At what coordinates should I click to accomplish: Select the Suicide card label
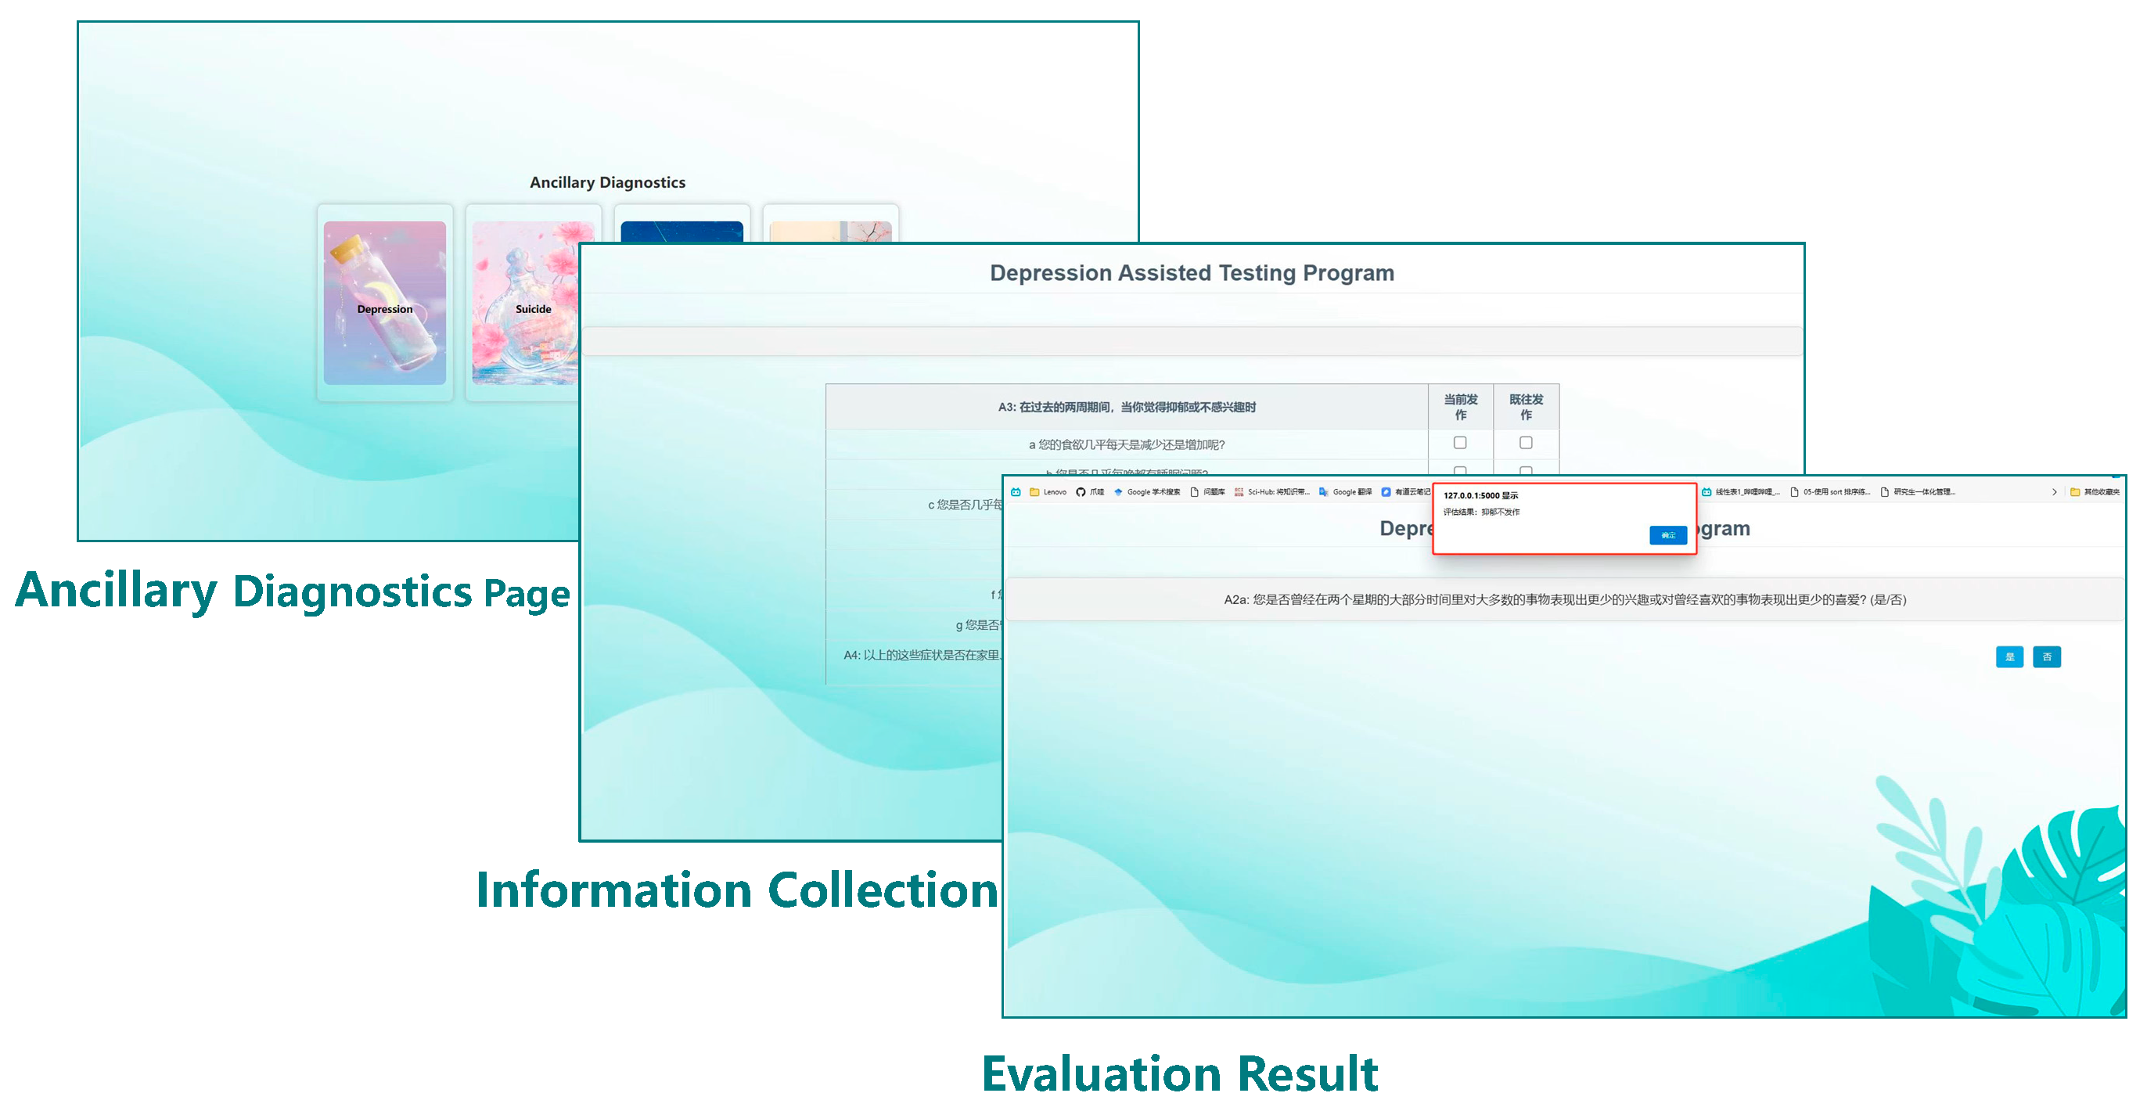coord(533,309)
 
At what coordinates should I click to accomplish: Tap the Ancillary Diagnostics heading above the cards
coord(608,182)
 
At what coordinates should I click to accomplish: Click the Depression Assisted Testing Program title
coord(1191,273)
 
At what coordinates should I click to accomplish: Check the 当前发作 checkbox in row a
coord(1459,443)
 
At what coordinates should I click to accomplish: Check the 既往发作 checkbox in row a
coord(1525,443)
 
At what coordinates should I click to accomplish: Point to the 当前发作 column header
coord(1460,407)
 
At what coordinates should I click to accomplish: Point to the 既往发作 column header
coord(1525,407)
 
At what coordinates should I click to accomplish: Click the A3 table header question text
coord(1126,407)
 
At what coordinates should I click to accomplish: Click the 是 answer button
coord(2009,656)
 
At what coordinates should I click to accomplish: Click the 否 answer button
coord(2046,656)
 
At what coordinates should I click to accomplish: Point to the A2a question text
coord(1563,599)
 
